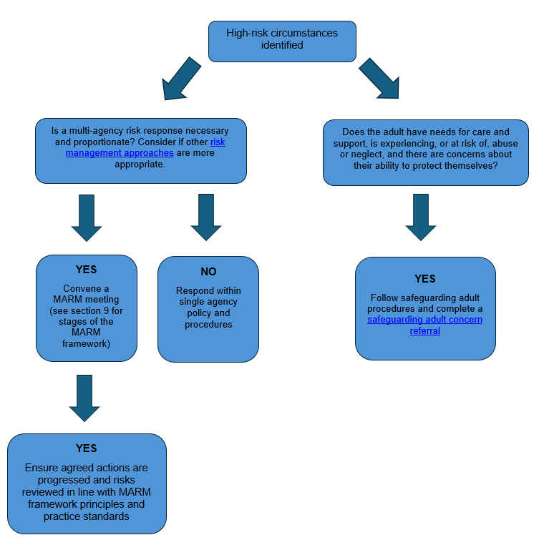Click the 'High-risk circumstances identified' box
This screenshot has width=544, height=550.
(282, 41)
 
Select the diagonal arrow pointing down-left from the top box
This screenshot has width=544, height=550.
(181, 79)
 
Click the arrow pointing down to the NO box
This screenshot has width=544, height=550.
(206, 216)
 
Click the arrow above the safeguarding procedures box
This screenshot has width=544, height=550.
(421, 217)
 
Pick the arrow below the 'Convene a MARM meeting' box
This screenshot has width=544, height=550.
(84, 397)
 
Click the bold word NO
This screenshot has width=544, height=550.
(208, 272)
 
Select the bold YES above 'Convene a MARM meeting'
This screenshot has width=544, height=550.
(86, 270)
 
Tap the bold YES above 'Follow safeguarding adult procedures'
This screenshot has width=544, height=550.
(424, 279)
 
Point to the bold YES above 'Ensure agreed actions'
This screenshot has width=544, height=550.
(86, 448)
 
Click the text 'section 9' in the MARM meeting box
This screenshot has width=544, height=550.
(94, 311)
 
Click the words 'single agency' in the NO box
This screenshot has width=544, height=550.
(208, 302)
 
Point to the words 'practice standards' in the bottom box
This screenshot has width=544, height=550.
(87, 516)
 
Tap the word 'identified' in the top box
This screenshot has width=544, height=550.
(282, 45)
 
